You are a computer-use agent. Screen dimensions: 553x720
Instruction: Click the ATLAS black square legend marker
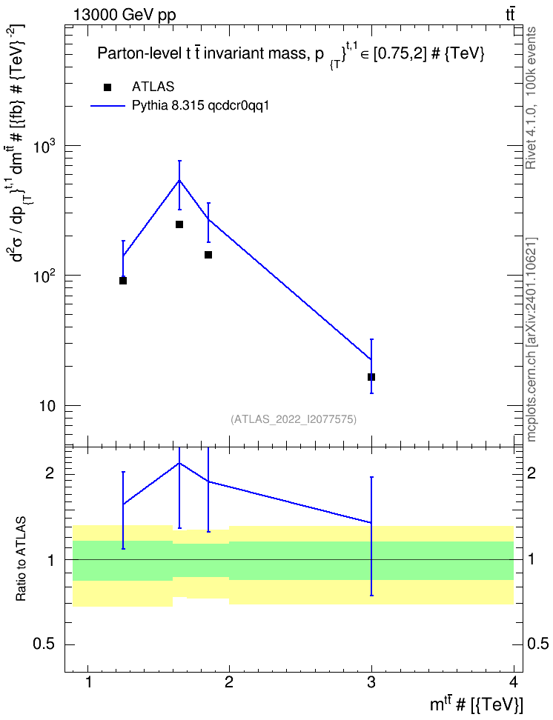pyautogui.click(x=107, y=87)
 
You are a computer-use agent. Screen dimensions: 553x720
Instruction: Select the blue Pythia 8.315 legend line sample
pyautogui.click(x=107, y=106)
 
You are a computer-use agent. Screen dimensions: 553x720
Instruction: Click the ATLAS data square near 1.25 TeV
pyautogui.click(x=123, y=281)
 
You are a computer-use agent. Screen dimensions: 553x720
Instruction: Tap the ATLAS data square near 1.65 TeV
pyautogui.click(x=179, y=224)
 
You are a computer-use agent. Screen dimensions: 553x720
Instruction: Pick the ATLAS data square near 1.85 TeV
pyautogui.click(x=208, y=254)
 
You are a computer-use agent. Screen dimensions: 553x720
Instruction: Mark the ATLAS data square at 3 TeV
pyautogui.click(x=371, y=377)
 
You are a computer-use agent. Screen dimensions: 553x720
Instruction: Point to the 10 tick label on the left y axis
pyautogui.click(x=46, y=407)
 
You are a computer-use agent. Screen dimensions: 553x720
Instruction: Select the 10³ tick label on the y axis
pyautogui.click(x=46, y=145)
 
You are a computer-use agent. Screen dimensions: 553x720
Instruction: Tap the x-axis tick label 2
pyautogui.click(x=229, y=682)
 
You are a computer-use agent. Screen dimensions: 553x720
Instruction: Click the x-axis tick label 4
pyautogui.click(x=514, y=682)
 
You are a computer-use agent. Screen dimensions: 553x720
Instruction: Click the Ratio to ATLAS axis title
pyautogui.click(x=21, y=559)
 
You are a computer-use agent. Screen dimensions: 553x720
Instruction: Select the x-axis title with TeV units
pyautogui.click(x=476, y=704)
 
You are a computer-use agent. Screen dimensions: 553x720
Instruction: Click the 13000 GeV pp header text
pyautogui.click(x=125, y=15)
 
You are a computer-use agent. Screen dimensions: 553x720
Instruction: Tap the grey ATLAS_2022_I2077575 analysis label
pyautogui.click(x=294, y=419)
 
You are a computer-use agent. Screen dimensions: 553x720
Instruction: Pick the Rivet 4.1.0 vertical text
pyautogui.click(x=531, y=99)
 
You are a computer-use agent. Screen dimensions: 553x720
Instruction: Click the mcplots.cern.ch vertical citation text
pyautogui.click(x=531, y=339)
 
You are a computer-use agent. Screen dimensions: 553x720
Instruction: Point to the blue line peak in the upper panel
pyautogui.click(x=179, y=180)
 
